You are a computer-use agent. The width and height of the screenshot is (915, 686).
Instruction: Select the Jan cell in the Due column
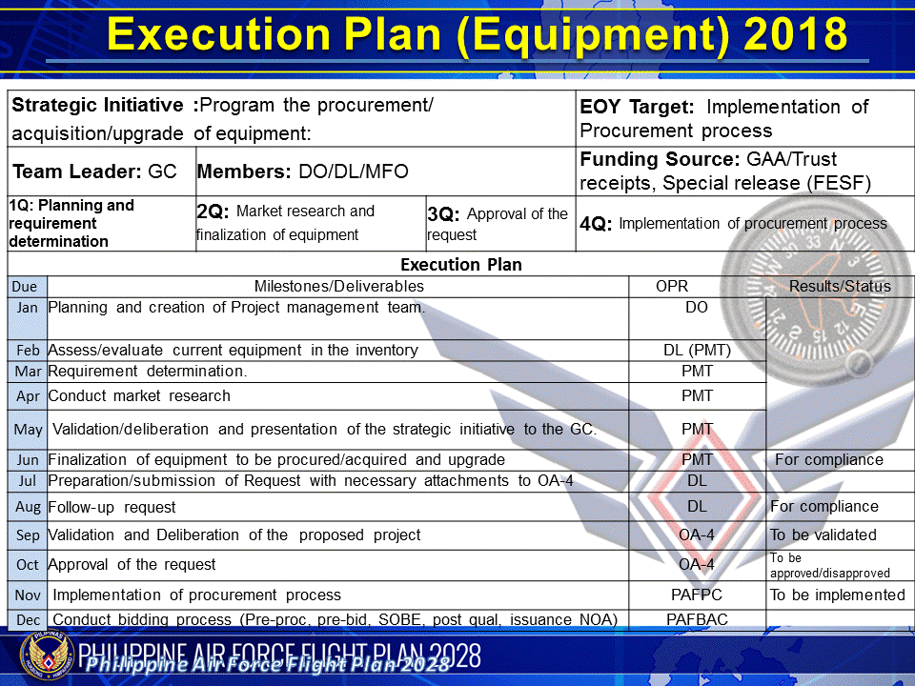(28, 308)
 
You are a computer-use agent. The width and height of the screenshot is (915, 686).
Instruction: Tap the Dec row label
(28, 620)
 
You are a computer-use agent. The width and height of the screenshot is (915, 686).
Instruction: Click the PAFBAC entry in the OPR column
(697, 620)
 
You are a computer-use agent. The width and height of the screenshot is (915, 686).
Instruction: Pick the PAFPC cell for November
(697, 595)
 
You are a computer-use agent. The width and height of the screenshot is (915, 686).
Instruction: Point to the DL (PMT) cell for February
(697, 351)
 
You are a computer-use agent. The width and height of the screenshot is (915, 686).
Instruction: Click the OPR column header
(671, 286)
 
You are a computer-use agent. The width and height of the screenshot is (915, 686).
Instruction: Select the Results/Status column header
(840, 286)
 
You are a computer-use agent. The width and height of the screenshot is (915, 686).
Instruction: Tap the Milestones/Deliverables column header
(338, 286)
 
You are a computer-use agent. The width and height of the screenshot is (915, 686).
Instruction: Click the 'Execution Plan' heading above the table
(460, 264)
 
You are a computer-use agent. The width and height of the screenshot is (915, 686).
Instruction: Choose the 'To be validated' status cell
(823, 535)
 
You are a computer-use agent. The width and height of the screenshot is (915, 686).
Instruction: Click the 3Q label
(443, 215)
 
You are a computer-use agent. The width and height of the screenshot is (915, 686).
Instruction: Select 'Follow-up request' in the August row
(112, 507)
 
